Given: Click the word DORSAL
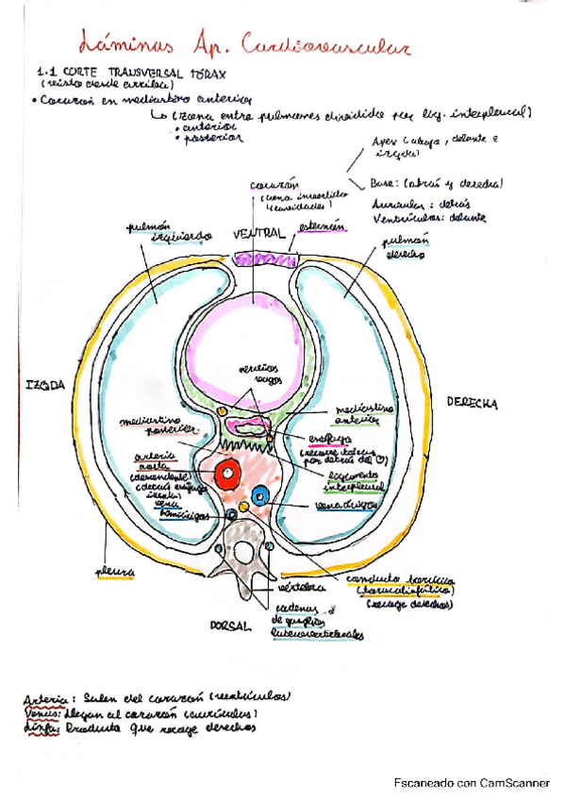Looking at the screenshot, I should (x=227, y=625).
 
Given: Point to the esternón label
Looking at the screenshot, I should (x=322, y=226).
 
